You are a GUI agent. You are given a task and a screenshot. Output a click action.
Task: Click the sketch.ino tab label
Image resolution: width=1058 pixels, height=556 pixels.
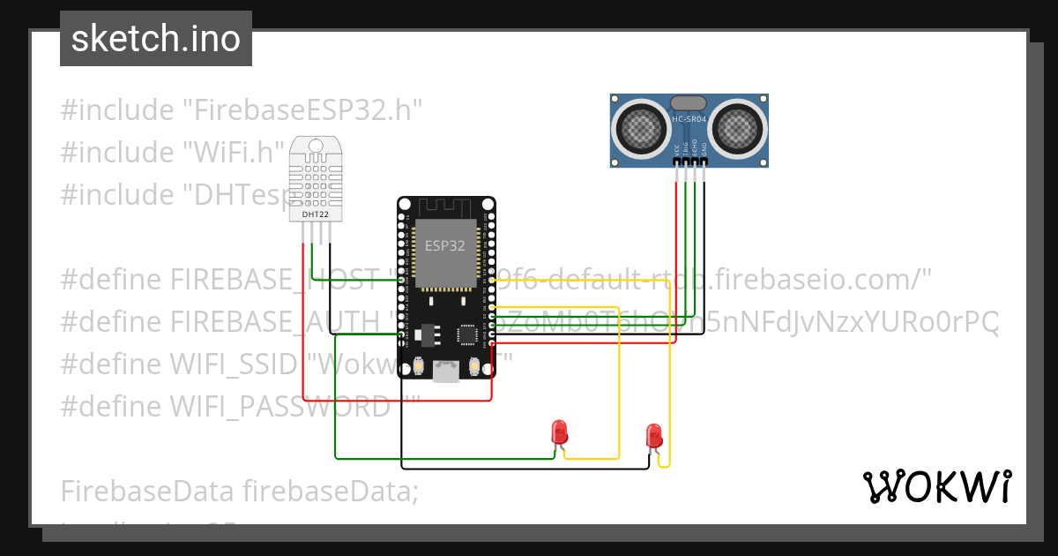point(156,40)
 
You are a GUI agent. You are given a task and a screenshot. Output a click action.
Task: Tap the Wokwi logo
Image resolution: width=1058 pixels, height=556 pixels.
point(936,486)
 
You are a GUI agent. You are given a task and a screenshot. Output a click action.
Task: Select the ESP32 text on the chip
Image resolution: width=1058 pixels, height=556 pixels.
point(445,246)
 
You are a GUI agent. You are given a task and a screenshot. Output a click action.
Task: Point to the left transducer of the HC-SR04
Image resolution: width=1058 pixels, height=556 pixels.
point(643,131)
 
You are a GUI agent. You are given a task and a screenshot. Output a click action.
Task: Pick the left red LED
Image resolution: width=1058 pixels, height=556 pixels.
point(559,432)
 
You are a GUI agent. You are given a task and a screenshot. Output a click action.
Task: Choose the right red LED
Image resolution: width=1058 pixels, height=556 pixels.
point(654,435)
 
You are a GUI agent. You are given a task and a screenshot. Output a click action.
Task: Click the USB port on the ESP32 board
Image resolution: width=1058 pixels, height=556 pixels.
point(446,373)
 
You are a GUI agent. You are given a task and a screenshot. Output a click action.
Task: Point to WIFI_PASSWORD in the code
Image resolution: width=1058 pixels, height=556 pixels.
point(279,406)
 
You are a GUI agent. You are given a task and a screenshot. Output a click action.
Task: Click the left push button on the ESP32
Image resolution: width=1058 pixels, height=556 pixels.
point(419,366)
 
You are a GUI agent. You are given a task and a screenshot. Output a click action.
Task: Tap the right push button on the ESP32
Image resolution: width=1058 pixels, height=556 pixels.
point(474,366)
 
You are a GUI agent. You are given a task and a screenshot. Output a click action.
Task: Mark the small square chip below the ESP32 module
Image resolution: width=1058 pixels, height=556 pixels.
point(466,334)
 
